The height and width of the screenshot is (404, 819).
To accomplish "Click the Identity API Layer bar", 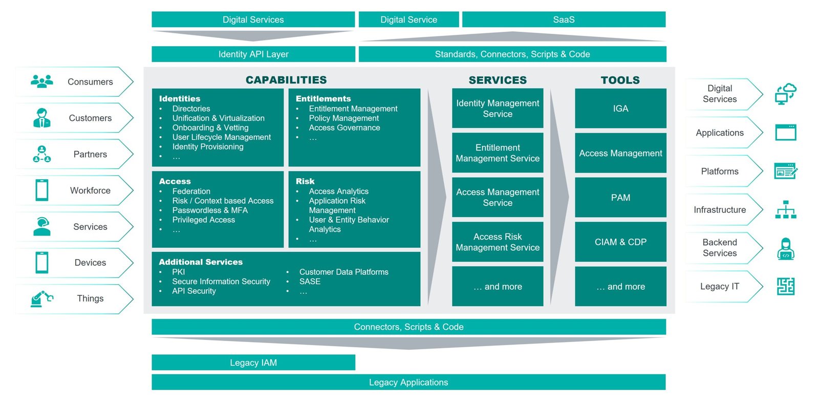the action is pos(253,54).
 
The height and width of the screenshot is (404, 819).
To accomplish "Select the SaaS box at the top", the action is pos(564,19).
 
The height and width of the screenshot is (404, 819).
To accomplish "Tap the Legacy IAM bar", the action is pos(253,363).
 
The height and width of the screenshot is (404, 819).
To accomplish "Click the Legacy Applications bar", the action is pos(408,382).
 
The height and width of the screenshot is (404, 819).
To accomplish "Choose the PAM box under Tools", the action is pos(620,198).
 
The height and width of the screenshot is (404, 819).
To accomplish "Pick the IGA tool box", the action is pos(620,108).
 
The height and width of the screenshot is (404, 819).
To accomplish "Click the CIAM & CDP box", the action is pos(620,242).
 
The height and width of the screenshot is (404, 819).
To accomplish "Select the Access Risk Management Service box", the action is pos(498,242).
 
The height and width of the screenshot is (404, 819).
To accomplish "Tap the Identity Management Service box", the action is pos(498,108).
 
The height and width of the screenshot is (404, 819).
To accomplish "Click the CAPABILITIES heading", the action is pos(286,80).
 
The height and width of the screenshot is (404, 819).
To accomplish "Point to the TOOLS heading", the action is pos(620,80).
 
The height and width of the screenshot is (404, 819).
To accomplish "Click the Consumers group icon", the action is pos(41,81).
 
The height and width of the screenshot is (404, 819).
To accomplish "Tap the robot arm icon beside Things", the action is pos(41,299).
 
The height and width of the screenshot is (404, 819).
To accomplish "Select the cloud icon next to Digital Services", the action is pos(786,94).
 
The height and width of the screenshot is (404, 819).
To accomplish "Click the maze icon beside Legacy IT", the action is pos(786,286).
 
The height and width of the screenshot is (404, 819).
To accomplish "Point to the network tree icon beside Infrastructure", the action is pos(786,209).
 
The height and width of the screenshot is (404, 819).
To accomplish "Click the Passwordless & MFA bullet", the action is pos(210,210).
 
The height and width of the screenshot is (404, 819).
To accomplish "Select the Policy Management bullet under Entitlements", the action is pos(343,118).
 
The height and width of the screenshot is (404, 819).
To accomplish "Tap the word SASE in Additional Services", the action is pos(310,282).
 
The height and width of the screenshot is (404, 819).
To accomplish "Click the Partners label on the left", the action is pos(90,154).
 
